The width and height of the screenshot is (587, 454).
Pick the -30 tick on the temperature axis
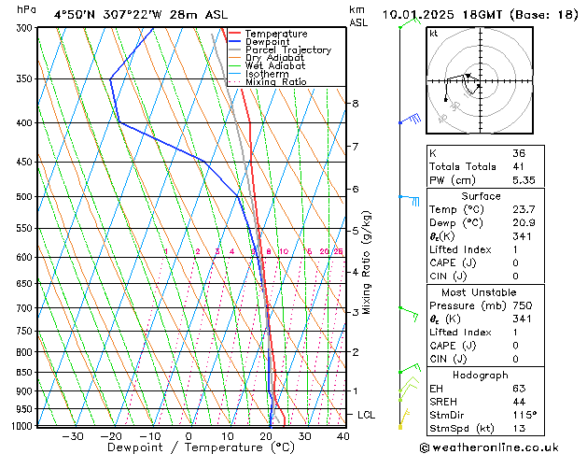[x=72, y=436]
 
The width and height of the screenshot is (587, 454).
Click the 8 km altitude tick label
[x=356, y=103]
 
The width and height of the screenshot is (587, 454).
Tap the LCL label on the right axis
[x=367, y=414]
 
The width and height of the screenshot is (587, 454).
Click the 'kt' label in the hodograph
[x=434, y=33]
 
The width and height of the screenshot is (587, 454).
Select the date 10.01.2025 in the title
[x=426, y=14]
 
